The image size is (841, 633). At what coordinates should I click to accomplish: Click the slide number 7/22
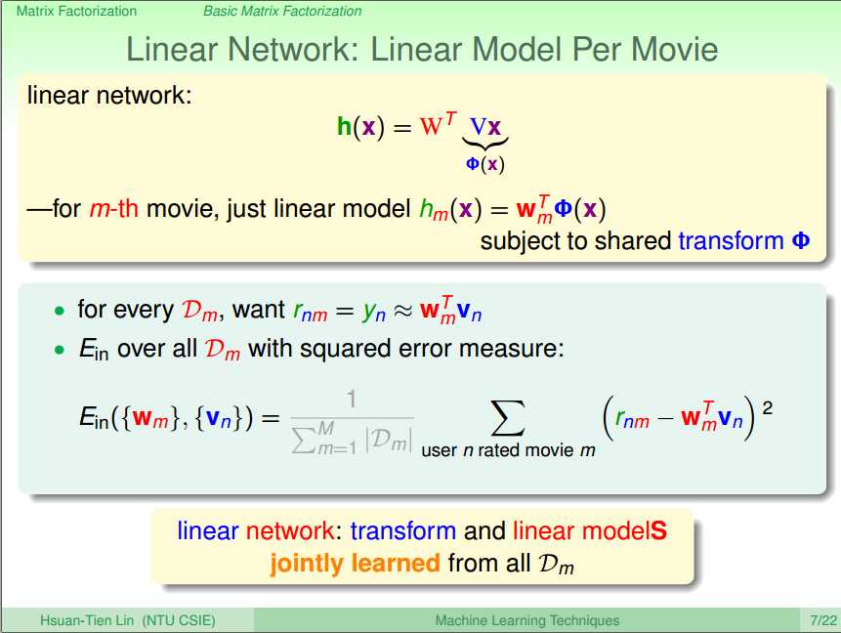[x=823, y=620]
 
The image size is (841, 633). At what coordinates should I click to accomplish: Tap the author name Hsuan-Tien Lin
[x=87, y=620]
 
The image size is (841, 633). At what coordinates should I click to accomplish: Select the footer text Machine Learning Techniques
[x=527, y=620]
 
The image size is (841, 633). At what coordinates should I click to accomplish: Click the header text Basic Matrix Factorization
[x=282, y=11]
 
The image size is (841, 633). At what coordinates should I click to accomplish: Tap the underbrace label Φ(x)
[x=485, y=163]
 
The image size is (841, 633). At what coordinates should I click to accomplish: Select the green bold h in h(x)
[x=344, y=127]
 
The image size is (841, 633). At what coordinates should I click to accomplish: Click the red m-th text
[x=113, y=208]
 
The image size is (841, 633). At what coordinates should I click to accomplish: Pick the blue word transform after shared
[x=731, y=241]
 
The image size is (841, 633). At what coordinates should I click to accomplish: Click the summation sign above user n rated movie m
[x=507, y=418]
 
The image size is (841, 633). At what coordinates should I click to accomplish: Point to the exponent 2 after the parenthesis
[x=767, y=408]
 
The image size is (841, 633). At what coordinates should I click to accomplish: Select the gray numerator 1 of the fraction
[x=352, y=400]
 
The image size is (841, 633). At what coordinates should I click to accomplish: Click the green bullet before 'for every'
[x=59, y=311]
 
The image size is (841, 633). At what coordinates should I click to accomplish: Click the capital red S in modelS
[x=658, y=530]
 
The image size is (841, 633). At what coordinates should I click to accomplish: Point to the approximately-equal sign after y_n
[x=402, y=312]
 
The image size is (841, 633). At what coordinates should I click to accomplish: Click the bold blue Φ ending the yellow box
[x=801, y=240]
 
